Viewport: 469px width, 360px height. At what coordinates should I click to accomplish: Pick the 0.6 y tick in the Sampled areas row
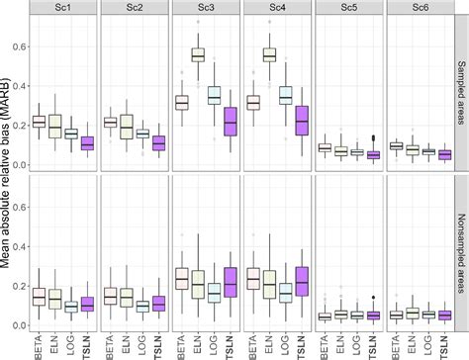point(20,44)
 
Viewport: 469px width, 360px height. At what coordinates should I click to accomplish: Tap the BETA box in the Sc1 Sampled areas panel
point(39,122)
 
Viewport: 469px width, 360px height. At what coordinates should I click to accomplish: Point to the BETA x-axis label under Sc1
point(39,343)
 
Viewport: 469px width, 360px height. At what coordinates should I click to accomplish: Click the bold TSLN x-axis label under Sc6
point(443,343)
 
